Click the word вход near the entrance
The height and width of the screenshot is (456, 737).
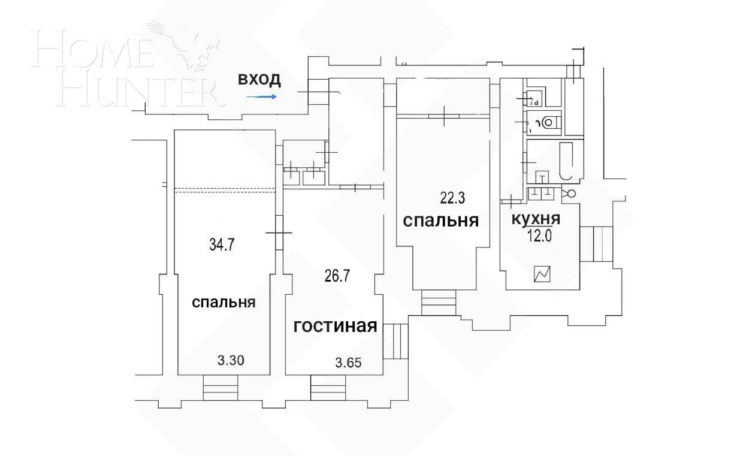[259, 79]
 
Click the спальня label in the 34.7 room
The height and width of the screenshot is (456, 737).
[223, 303]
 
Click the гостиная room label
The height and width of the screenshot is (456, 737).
[335, 326]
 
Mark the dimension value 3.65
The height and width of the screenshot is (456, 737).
[350, 363]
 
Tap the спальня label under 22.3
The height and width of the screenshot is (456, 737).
[441, 221]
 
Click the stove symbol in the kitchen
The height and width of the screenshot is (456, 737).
[543, 275]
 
